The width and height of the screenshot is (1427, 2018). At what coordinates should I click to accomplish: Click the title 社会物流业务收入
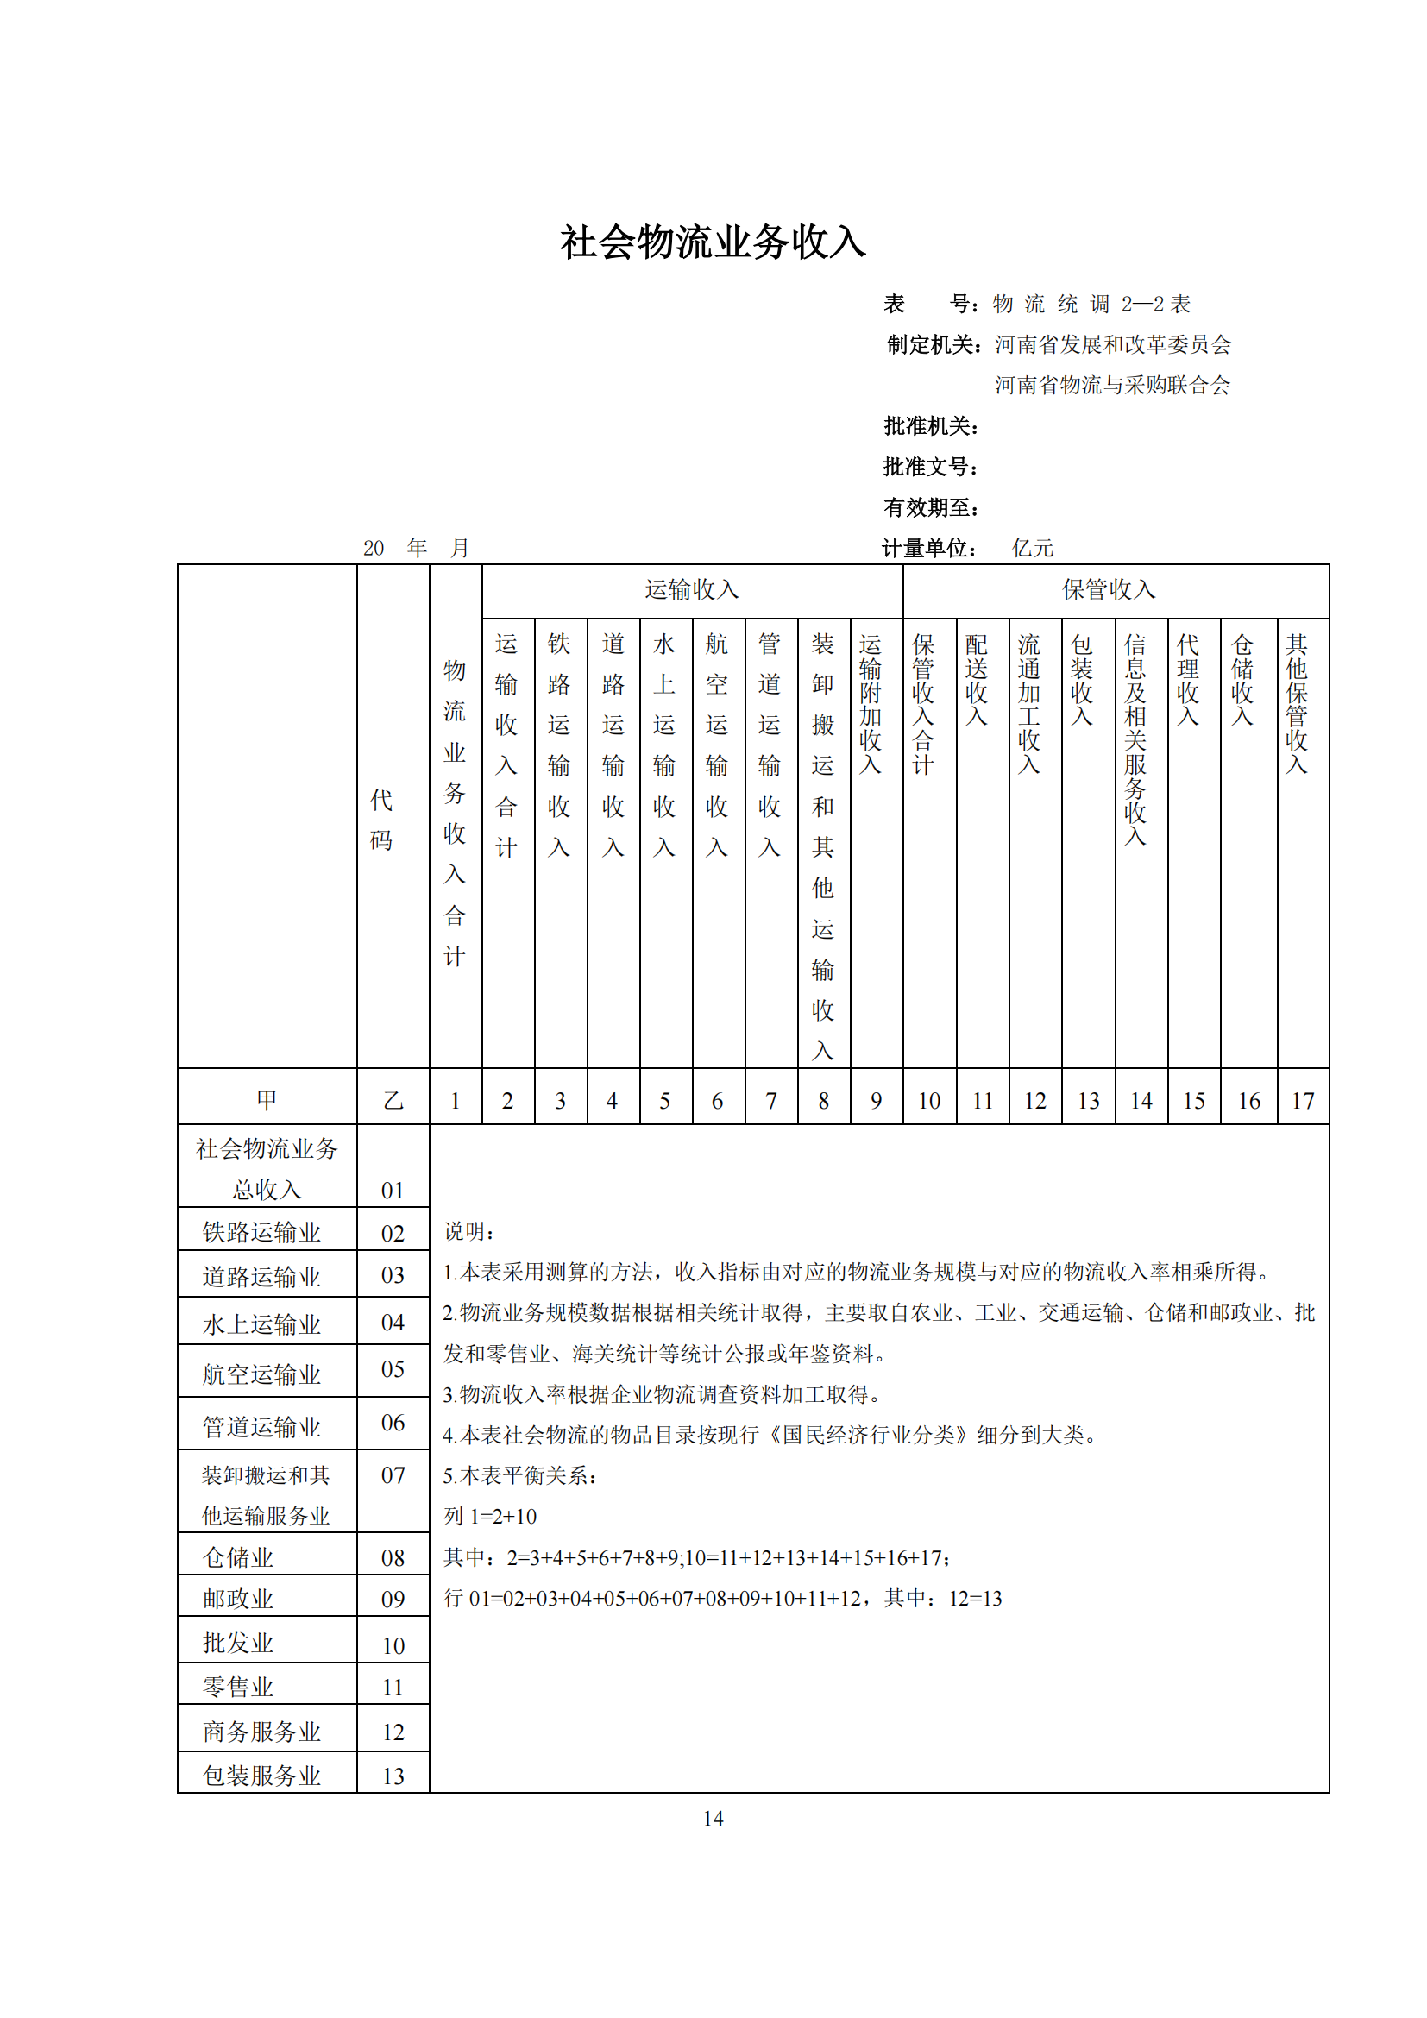click(x=713, y=242)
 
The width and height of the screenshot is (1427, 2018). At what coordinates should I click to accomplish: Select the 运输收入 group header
click(x=692, y=590)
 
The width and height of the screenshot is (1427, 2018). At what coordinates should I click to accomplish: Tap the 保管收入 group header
click(x=1108, y=590)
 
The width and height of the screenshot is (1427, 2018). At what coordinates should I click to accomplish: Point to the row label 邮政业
click(x=238, y=1599)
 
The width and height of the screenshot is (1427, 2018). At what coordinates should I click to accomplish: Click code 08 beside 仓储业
click(x=393, y=1558)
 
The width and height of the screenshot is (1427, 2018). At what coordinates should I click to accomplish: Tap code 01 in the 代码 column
click(x=393, y=1191)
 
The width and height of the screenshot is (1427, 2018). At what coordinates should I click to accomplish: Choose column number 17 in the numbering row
click(x=1302, y=1100)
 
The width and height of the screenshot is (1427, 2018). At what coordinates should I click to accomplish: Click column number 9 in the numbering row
click(x=876, y=1100)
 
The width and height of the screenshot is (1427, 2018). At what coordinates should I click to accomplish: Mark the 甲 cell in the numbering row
click(x=267, y=1099)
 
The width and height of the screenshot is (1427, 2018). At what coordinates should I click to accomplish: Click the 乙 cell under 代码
click(x=393, y=1100)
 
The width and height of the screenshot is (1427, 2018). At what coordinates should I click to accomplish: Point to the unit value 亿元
click(x=1033, y=549)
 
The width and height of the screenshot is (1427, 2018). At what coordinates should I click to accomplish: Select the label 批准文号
click(x=929, y=467)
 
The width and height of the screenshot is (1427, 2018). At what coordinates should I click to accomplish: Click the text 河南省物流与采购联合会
click(x=1111, y=385)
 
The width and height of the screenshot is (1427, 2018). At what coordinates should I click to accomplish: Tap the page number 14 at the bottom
click(x=713, y=1819)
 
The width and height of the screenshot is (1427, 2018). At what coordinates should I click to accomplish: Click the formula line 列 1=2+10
click(x=490, y=1516)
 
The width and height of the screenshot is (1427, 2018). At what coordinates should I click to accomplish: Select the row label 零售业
click(x=238, y=1687)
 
